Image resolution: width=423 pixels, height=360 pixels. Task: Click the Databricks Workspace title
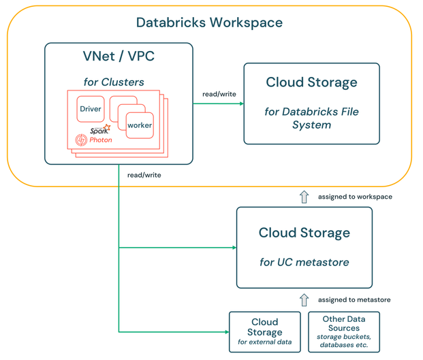(x=209, y=22)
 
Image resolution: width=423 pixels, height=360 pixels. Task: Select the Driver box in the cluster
(x=91, y=109)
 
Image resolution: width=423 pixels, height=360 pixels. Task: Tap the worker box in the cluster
(x=140, y=125)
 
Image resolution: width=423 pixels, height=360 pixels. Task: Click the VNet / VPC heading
(x=118, y=56)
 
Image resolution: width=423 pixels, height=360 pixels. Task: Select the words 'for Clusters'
(x=114, y=82)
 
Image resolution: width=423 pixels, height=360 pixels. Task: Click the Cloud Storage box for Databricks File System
(x=311, y=103)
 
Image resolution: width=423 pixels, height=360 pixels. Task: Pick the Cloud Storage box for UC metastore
(x=304, y=247)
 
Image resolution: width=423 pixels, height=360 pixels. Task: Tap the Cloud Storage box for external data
(x=264, y=331)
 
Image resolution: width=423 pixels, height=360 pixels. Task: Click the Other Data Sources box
(x=343, y=331)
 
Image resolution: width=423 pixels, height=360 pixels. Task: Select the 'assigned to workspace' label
(x=355, y=197)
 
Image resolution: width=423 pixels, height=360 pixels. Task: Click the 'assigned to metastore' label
(x=355, y=299)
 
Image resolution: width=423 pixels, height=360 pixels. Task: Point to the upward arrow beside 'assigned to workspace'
(x=304, y=197)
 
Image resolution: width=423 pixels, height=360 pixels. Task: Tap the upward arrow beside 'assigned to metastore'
(x=304, y=299)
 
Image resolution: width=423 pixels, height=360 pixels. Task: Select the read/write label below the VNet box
(x=144, y=175)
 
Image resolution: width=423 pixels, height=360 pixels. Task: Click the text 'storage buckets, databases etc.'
(x=343, y=340)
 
